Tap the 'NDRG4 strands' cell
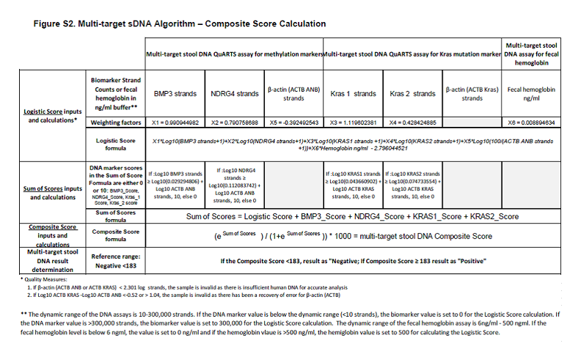tap(235, 94)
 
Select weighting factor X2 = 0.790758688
tap(235, 122)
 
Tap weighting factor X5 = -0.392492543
tap(293, 122)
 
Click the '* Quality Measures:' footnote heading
tap(41, 279)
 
